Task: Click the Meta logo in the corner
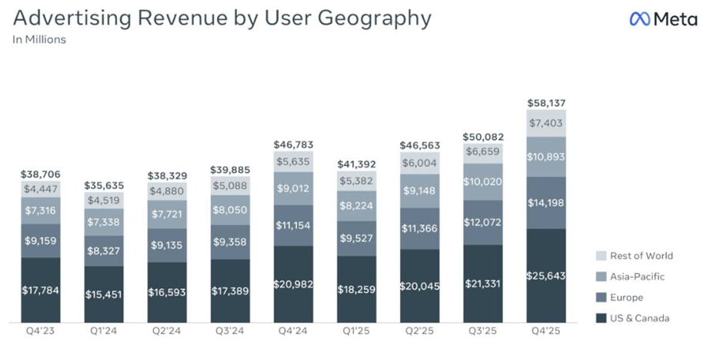click(663, 19)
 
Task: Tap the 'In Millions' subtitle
click(39, 40)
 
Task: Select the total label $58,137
click(545, 102)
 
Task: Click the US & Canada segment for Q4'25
click(545, 274)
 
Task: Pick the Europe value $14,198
click(545, 203)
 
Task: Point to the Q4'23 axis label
click(40, 332)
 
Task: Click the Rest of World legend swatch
click(602, 256)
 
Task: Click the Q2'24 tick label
click(166, 332)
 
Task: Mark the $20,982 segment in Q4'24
click(292, 284)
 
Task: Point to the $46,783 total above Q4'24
click(292, 144)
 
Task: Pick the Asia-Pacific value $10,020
click(482, 182)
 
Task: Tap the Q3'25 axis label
click(482, 332)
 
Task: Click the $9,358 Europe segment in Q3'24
click(229, 242)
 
